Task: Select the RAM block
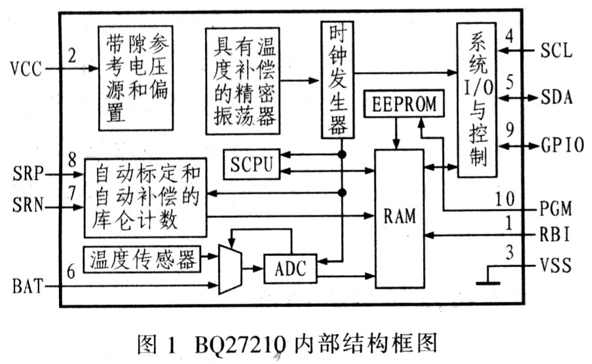[400, 217]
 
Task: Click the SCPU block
[251, 164]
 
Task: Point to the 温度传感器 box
[141, 261]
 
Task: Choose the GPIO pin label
[562, 145]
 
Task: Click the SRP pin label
[26, 175]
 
